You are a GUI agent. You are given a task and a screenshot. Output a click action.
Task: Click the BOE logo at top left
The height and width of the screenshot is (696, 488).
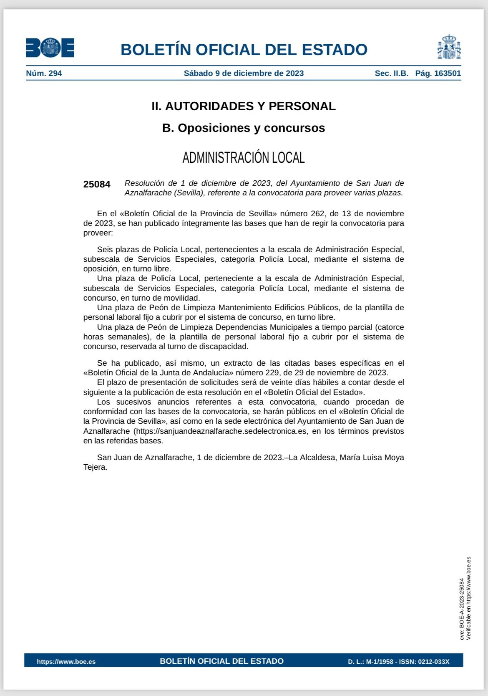(50, 48)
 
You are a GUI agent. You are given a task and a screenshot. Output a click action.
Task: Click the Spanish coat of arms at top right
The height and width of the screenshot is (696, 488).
(449, 47)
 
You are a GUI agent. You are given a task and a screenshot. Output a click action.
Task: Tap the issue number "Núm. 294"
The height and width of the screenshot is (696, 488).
(44, 73)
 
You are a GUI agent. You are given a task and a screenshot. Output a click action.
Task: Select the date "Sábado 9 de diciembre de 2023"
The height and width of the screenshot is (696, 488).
(244, 73)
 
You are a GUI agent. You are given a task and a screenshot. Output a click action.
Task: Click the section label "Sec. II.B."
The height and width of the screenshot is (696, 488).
(391, 73)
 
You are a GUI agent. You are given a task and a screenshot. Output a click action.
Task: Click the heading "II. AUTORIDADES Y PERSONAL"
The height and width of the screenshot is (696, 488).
(244, 106)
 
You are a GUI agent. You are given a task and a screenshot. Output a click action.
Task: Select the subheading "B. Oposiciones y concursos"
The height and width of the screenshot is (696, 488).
(244, 128)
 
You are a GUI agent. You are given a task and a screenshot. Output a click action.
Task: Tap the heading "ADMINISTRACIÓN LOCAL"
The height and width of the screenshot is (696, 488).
(244, 158)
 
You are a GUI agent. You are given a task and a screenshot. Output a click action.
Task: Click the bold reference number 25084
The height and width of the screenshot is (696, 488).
(97, 184)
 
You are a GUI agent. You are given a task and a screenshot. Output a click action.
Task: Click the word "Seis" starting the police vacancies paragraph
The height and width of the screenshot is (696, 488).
(105, 250)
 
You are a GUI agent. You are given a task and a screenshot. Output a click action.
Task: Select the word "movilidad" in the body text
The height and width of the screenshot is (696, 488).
(183, 298)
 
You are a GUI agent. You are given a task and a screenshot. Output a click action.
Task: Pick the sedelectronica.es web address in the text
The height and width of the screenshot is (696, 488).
(221, 431)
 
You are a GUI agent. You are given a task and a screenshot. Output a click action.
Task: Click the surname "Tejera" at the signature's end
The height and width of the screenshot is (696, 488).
(95, 467)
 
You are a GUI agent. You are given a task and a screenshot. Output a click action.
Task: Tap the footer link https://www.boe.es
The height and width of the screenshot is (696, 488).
(66, 662)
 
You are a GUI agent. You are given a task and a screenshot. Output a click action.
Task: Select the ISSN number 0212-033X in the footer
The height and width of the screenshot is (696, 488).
(434, 662)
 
